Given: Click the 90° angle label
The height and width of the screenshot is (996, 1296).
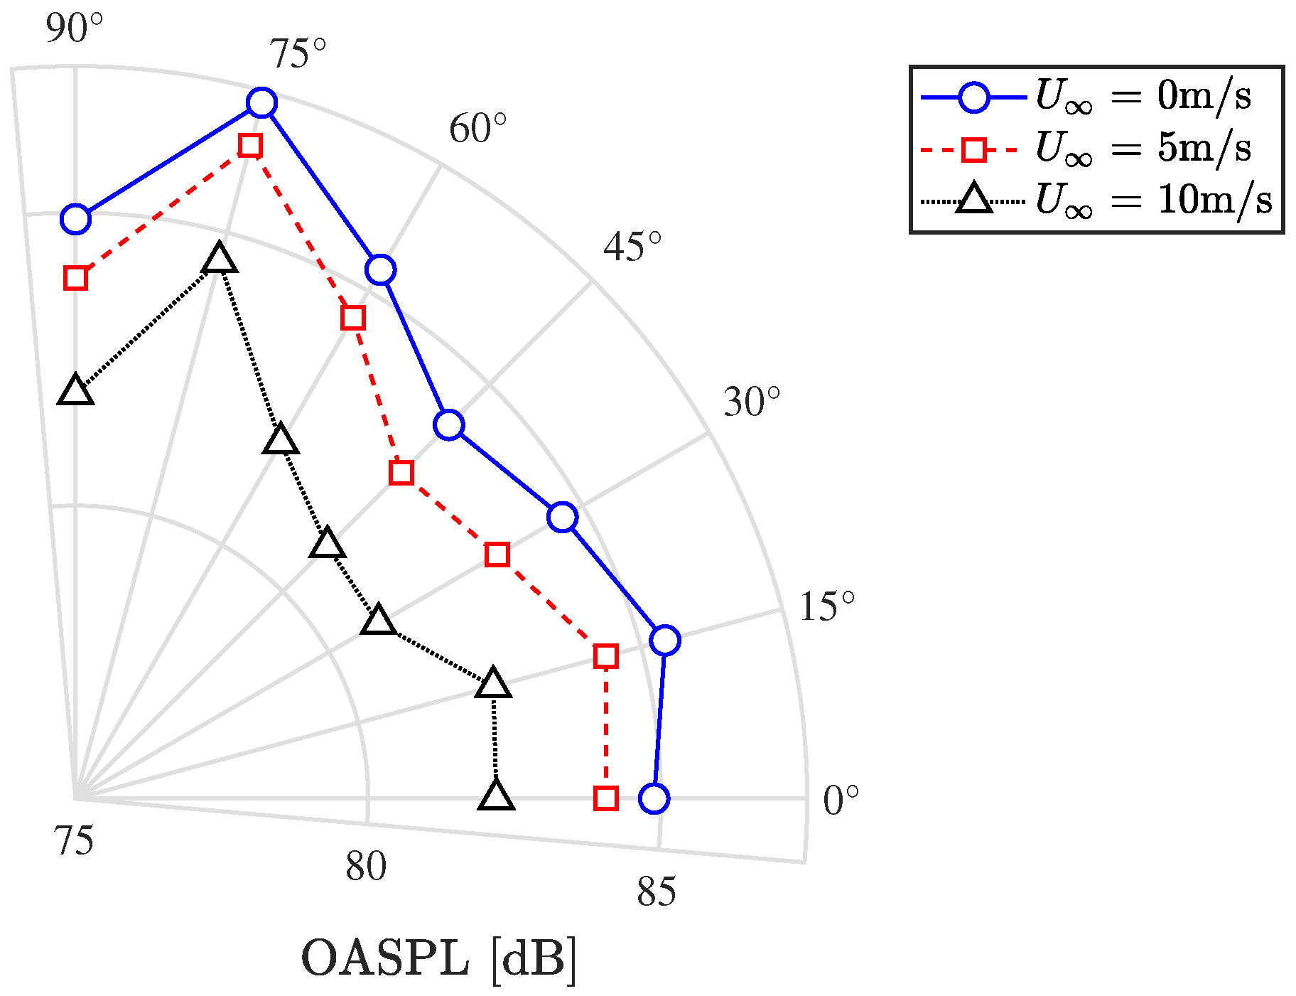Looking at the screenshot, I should [74, 28].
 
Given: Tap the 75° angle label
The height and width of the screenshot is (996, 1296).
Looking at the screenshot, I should [297, 54].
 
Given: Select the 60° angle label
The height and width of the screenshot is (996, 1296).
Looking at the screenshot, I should [477, 129].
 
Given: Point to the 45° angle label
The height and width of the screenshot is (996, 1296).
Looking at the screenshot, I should [632, 247].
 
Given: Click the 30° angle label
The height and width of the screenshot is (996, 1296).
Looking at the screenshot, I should [751, 402].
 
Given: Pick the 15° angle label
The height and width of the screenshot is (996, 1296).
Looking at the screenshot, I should [826, 607].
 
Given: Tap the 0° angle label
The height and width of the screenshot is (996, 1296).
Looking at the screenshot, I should [841, 801].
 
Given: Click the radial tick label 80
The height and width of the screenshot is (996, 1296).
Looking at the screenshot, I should [366, 866].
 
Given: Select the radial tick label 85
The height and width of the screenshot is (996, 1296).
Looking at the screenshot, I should [657, 892].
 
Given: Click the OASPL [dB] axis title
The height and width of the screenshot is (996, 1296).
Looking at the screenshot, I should [439, 960].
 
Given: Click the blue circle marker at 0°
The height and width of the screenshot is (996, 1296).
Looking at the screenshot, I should [654, 798].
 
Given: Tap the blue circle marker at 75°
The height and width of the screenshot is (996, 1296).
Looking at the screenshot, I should [261, 103].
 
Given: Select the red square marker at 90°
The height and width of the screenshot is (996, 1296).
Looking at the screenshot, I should [75, 278].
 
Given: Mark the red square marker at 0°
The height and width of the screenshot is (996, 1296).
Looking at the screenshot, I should [605, 798].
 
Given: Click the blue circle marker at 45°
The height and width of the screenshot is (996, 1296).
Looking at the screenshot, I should [448, 425].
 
